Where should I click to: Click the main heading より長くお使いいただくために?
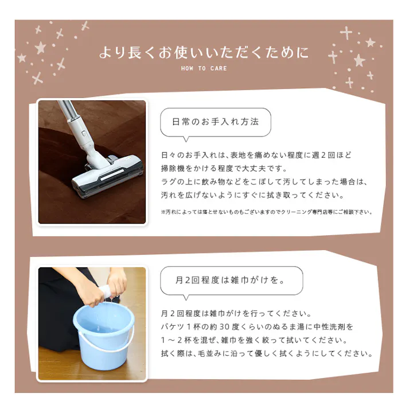(x=204, y=52)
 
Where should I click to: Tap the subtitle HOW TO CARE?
(x=204, y=68)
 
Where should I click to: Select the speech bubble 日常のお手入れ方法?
(x=216, y=123)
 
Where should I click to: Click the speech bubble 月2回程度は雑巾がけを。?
(x=231, y=281)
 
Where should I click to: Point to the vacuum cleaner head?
(x=107, y=176)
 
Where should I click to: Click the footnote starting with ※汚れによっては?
(x=266, y=212)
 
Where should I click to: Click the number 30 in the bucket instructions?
(x=224, y=326)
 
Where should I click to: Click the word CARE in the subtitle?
(x=219, y=68)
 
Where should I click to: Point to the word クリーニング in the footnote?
(x=297, y=212)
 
